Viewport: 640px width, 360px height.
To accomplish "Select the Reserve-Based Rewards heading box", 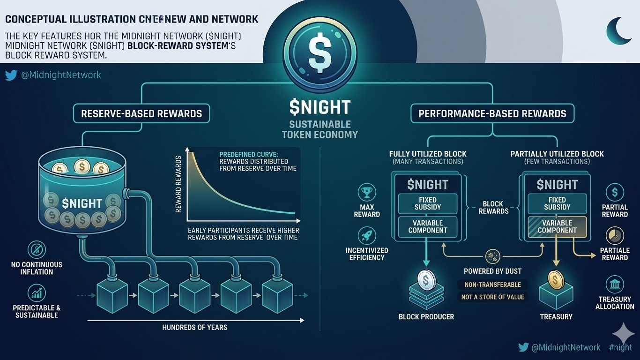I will pyautogui.click(x=141, y=113).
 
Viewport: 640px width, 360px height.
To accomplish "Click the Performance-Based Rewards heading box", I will pyautogui.click(x=492, y=113).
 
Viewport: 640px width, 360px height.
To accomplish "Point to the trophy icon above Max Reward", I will pyautogui.click(x=366, y=193).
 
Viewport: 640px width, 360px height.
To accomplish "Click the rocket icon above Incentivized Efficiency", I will pyautogui.click(x=366, y=235).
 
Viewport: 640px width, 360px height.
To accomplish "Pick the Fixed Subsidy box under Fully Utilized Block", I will pyautogui.click(x=428, y=203).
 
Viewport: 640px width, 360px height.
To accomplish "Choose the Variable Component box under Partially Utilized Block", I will pyautogui.click(x=557, y=226).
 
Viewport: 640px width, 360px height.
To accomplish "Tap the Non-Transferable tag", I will pyautogui.click(x=492, y=285).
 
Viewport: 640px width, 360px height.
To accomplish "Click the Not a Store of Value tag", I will pyautogui.click(x=492, y=297).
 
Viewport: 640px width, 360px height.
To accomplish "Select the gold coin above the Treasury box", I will pyautogui.click(x=555, y=280).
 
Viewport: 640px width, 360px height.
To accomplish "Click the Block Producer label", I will pyautogui.click(x=426, y=317).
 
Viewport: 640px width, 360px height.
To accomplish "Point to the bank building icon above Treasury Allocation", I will pyautogui.click(x=614, y=284).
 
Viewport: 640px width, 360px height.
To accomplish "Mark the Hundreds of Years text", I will pyautogui.click(x=194, y=327).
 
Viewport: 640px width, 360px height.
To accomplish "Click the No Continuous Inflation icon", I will pyautogui.click(x=36, y=248).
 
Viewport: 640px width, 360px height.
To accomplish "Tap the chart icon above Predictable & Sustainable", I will pyautogui.click(x=36, y=292).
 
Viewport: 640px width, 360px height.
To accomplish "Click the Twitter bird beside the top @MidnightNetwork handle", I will pyautogui.click(x=11, y=75).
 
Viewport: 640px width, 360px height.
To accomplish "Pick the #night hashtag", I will pyautogui.click(x=620, y=347).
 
